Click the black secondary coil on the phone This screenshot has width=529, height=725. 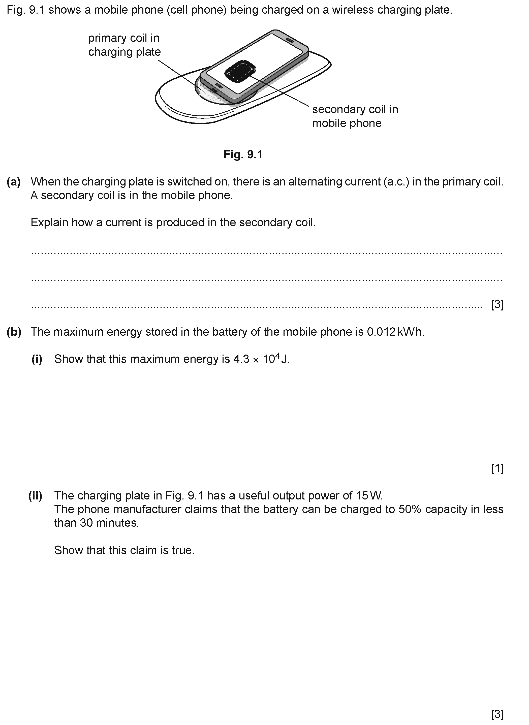[x=240, y=71]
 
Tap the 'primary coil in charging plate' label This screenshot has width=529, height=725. [x=124, y=45]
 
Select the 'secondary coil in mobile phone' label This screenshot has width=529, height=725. [x=355, y=116]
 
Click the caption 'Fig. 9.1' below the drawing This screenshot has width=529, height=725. [x=243, y=155]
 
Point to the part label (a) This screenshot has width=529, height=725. [x=14, y=182]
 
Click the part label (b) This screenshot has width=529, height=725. [x=14, y=332]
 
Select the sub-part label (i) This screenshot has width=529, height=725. [x=37, y=359]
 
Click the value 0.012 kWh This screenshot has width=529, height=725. [x=395, y=332]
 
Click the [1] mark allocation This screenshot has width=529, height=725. [x=497, y=469]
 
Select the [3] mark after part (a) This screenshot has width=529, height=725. [x=497, y=304]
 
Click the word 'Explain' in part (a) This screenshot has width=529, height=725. [x=49, y=223]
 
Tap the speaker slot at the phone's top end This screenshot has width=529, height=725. [x=290, y=41]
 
